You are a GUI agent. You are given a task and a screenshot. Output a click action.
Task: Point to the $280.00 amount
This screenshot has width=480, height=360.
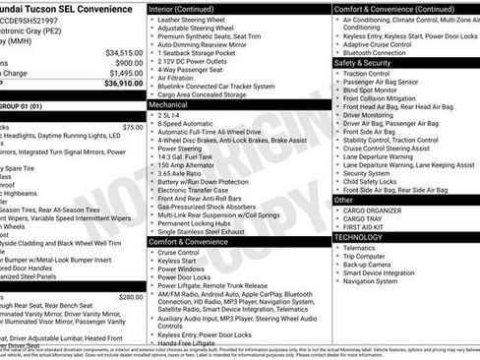click(x=131, y=296)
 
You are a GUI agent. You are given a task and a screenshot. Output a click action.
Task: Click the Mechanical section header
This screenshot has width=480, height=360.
click(x=170, y=102)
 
